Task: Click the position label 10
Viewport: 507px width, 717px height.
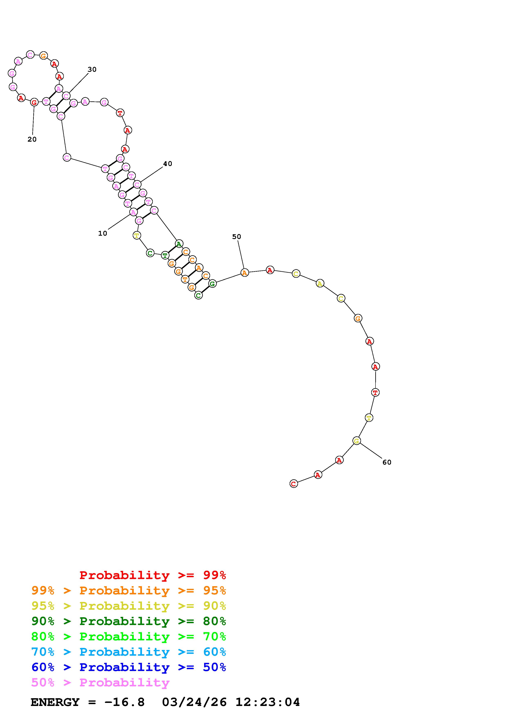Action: (x=102, y=233)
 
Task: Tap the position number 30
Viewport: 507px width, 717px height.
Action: (x=92, y=69)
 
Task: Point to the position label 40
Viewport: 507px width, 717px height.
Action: (x=168, y=164)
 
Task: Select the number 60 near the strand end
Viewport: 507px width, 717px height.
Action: (x=387, y=462)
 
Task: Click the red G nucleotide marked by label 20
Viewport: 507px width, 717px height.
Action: (x=34, y=102)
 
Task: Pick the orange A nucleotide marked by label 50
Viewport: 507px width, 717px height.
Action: (x=245, y=273)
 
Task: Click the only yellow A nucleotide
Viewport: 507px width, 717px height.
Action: (x=320, y=283)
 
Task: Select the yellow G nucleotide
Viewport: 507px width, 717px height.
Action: (x=356, y=441)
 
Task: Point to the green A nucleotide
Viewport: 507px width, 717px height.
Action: (x=179, y=244)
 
